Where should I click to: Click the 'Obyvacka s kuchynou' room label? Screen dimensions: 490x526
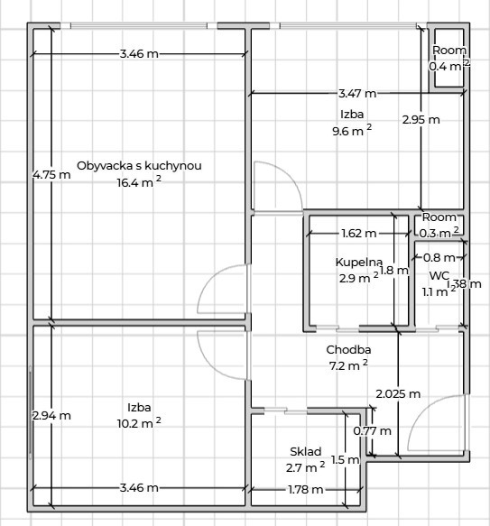coord(139,166)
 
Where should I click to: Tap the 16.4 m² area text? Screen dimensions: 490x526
coord(139,182)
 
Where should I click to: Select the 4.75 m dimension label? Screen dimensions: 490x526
coord(51,175)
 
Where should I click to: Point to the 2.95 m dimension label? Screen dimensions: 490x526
coord(421,120)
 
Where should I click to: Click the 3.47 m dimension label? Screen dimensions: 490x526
coord(357,94)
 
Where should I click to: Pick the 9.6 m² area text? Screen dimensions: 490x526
coord(352,130)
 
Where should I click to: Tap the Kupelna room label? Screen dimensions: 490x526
coord(359,263)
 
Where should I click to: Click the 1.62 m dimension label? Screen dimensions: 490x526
coord(359,233)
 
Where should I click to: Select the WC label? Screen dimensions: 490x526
coord(439,276)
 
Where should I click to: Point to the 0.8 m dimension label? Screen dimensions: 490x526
coord(439,258)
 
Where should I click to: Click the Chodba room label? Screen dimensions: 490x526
coord(348,350)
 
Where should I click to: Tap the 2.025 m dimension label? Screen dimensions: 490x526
coord(398,394)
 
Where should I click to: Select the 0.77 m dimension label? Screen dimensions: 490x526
coord(372,430)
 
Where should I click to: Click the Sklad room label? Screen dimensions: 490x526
coord(305,451)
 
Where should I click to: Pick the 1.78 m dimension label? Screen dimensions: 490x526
coord(305,490)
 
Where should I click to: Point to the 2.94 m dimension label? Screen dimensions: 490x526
coord(51,416)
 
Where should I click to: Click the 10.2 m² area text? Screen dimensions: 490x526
coord(139,423)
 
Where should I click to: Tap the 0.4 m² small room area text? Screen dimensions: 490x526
coord(449,66)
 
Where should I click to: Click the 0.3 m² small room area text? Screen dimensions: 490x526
coord(439,232)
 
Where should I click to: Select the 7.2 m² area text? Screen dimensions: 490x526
coord(348,365)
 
